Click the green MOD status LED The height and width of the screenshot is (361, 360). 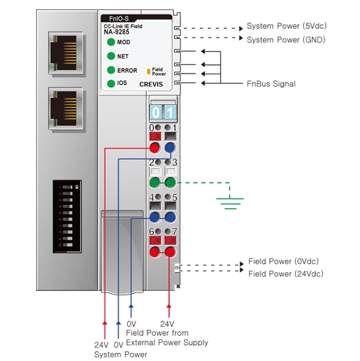(111, 42)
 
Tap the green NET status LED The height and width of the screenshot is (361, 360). (111, 56)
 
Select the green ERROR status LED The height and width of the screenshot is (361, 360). (111, 70)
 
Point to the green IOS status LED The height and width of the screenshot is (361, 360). (111, 84)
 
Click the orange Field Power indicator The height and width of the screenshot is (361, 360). (149, 71)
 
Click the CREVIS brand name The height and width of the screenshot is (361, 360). (151, 84)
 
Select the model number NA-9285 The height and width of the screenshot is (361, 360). (116, 32)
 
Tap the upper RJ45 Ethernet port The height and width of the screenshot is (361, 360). (66, 53)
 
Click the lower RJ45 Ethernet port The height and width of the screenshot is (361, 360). (66, 108)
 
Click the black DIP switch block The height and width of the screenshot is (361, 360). (67, 217)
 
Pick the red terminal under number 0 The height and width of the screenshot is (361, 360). (154, 148)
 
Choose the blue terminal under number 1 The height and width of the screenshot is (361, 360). (170, 148)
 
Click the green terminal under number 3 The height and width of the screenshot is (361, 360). (170, 183)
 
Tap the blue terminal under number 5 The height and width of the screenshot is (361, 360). (170, 217)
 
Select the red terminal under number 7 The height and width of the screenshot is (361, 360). (170, 252)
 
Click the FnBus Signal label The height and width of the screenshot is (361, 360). (271, 84)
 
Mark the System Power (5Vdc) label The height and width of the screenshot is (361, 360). (286, 26)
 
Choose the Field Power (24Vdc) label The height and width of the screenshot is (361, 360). (286, 274)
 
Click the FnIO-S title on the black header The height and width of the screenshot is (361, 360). (119, 19)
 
